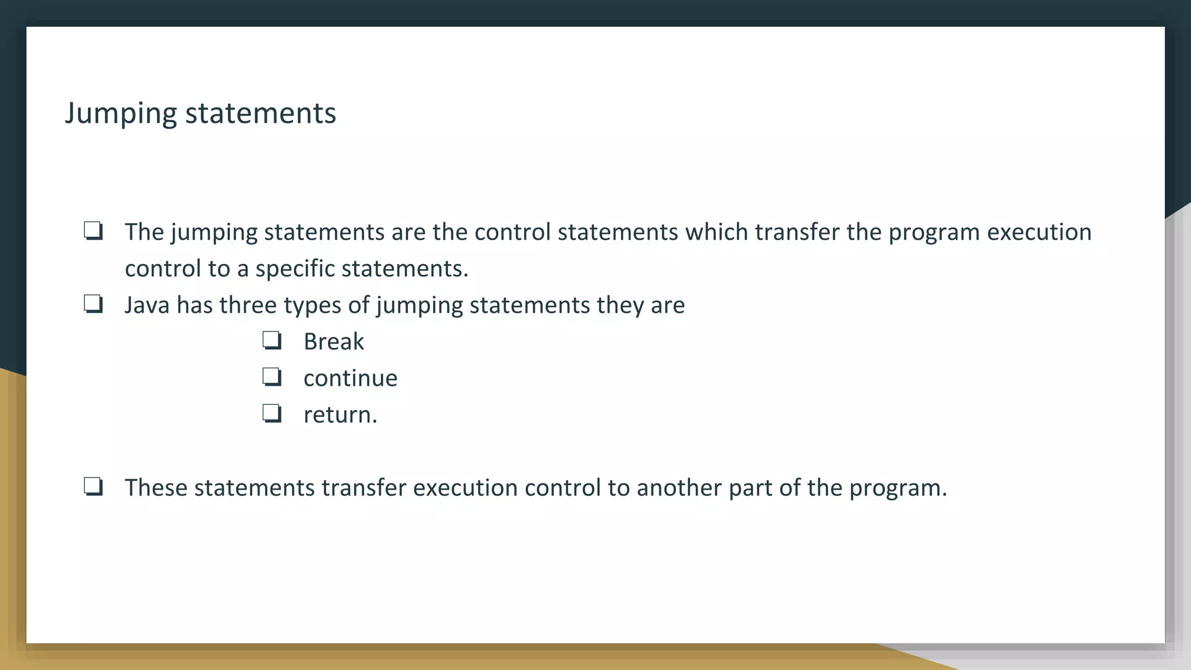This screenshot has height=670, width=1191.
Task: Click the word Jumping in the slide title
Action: point(120,113)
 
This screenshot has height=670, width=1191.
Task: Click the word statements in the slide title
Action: point(261,113)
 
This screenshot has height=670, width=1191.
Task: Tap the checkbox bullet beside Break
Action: point(272,340)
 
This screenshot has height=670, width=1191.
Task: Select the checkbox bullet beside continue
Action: point(272,377)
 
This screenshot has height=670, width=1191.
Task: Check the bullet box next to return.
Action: point(272,414)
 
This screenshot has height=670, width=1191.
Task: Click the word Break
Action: point(333,341)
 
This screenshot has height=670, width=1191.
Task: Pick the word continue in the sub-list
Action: point(350,378)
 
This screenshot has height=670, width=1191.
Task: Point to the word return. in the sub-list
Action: point(340,415)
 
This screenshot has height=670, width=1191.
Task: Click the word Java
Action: point(147,305)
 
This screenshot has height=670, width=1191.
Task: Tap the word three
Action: point(248,305)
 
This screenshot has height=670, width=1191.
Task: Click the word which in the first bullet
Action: point(716,231)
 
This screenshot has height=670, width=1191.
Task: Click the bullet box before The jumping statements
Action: point(93,231)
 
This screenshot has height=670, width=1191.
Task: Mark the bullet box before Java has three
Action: point(93,304)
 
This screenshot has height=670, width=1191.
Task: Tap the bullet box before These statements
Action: point(93,486)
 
